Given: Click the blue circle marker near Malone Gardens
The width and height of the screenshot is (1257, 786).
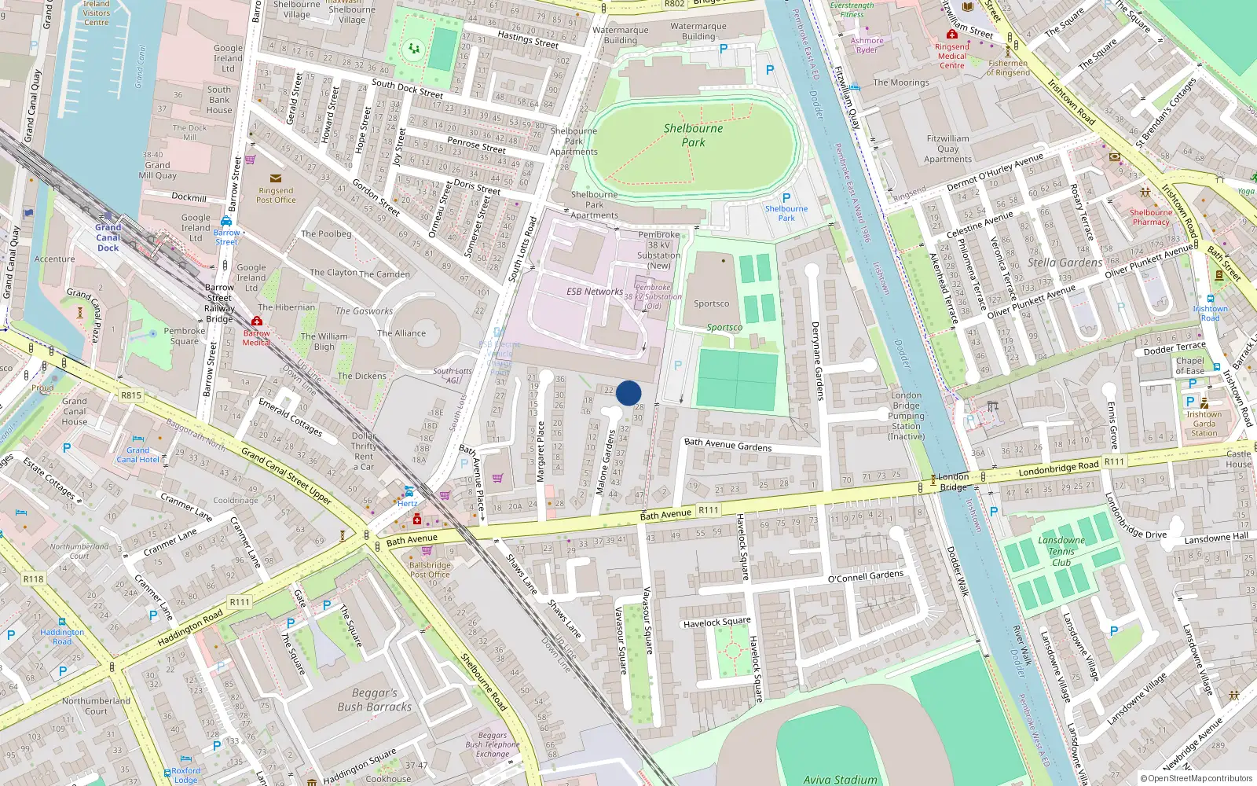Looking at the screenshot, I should pos(628,393).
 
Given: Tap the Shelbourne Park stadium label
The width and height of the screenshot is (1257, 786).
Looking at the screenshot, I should pos(693,135).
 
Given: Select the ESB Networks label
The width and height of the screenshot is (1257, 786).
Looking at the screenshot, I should pos(595,292).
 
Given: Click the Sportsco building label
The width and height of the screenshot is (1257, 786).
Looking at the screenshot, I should pos(711,304).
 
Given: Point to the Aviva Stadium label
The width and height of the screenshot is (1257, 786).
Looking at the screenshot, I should pos(840,779).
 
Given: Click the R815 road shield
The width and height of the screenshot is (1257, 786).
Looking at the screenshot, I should pos(131,395).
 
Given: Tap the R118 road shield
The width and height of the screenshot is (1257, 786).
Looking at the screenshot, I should pos(33,579).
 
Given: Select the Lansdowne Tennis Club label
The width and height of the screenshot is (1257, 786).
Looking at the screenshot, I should pos(1061,551).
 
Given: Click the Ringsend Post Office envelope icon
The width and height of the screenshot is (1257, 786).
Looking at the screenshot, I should pos(275,178).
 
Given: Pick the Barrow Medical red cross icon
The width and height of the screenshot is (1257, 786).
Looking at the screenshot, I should pos(256,321).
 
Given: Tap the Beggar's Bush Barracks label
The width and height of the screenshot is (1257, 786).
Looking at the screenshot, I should pos(374,700).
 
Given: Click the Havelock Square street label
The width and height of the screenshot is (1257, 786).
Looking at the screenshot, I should pos(716,623).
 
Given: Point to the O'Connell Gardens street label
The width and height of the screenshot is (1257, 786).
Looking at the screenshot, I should pos(866,576).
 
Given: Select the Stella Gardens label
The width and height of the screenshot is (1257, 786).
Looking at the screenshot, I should pos(1065,263).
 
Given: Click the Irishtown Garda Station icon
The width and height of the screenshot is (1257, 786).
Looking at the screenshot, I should pos(1204,403).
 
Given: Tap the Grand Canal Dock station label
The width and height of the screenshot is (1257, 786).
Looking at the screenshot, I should pos(108,237).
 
